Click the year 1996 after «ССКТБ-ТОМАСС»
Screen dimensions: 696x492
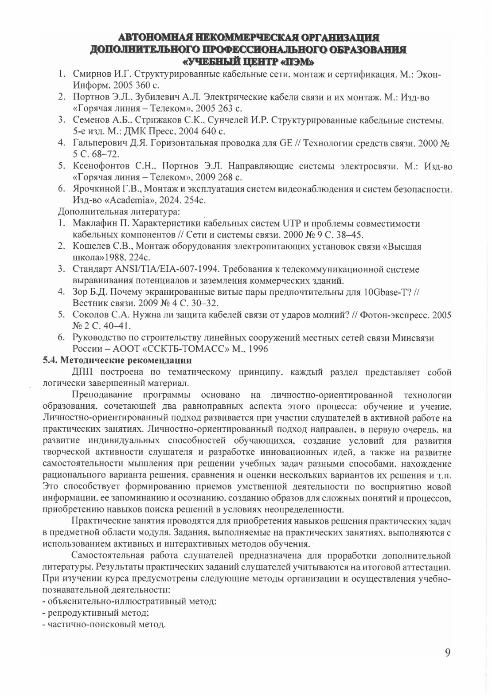[258, 349]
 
